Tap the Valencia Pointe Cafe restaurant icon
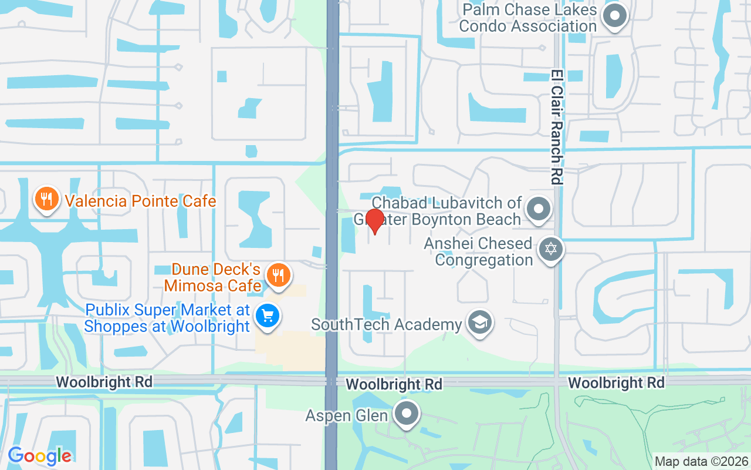tap(46, 198)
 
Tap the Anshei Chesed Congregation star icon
tap(550, 249)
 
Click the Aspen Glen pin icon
tap(406, 414)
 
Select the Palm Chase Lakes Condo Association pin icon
tap(615, 15)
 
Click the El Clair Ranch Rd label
tap(557, 127)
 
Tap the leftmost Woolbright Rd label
tap(104, 382)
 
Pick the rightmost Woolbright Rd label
tap(616, 383)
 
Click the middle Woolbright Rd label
tap(394, 384)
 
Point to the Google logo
tap(39, 455)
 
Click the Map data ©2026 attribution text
tap(701, 462)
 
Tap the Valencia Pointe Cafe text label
tap(141, 201)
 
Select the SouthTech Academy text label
tap(387, 324)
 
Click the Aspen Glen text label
tap(346, 415)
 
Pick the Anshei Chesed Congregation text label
tap(478, 251)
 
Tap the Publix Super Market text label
tap(167, 318)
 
